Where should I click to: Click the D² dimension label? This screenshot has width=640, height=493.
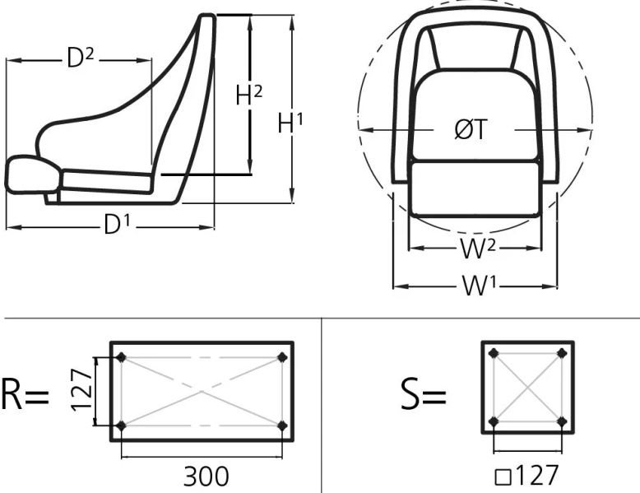tap(80, 58)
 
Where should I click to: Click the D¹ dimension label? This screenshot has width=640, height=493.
tap(117, 225)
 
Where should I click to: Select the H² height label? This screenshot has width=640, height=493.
tap(248, 95)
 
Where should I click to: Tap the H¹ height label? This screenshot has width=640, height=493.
tap(290, 123)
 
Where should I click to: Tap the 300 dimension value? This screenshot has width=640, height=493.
tap(206, 476)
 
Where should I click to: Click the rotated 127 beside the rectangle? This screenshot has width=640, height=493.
tap(81, 391)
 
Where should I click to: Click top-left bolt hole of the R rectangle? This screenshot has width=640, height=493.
tap(122, 357)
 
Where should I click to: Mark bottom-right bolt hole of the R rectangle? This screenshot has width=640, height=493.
tap(283, 426)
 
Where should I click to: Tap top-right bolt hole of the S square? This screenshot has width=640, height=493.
tap(562, 353)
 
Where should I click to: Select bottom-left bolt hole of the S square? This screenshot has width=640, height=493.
tap(494, 421)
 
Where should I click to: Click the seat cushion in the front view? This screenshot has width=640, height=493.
tap(475, 188)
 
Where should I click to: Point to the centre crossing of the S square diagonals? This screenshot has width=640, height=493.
tap(527, 387)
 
